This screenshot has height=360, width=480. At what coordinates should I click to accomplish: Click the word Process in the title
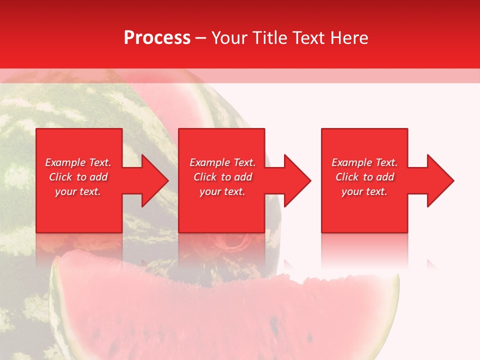pos(157,38)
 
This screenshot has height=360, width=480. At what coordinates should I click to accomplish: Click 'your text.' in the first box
pos(78,191)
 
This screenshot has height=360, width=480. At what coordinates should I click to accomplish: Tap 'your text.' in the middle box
pos(222,191)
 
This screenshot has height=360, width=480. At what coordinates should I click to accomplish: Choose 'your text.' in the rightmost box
pos(364,191)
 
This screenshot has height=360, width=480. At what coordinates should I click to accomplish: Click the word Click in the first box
pos(60,177)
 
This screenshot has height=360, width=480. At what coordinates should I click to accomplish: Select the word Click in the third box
pos(347,177)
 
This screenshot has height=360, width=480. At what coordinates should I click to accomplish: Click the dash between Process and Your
pos(201,38)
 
